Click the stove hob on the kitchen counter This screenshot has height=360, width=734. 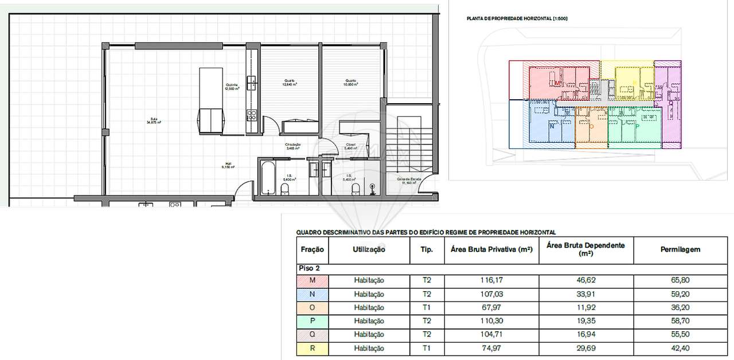click(251, 115)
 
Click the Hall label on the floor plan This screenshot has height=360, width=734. click(228, 165)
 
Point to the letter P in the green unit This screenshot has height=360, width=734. click(637, 125)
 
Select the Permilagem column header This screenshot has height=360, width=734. click(680, 249)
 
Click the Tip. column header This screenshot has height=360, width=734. click(427, 249)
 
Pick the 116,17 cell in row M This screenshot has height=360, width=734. click(491, 280)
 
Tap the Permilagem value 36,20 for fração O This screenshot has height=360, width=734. click(680, 307)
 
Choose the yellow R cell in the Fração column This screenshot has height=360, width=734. click(312, 348)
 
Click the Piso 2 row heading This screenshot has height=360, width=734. click(309, 268)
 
